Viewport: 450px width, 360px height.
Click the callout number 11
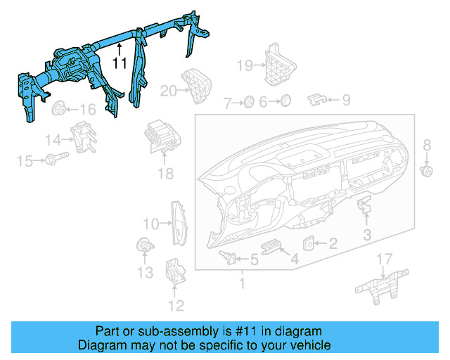click(120, 63)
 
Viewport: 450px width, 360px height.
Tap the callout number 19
click(245, 65)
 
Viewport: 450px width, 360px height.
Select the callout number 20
click(168, 91)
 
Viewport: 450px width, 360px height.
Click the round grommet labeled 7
click(248, 102)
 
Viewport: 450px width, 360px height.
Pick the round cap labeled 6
click(285, 101)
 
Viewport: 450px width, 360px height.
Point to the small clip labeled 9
click(316, 99)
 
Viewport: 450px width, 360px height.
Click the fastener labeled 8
click(427, 172)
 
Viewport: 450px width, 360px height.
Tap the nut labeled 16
click(58, 108)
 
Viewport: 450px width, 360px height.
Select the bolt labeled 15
click(56, 158)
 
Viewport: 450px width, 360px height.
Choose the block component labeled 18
click(162, 136)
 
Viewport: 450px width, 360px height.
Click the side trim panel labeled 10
click(179, 224)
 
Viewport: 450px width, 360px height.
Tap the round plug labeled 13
click(145, 245)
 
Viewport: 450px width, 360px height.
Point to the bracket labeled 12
click(176, 271)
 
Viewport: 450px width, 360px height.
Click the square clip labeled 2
click(309, 244)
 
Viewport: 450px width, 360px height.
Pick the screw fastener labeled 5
click(228, 257)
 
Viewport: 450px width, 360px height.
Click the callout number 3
click(367, 235)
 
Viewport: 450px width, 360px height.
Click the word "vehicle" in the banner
click(311, 345)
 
